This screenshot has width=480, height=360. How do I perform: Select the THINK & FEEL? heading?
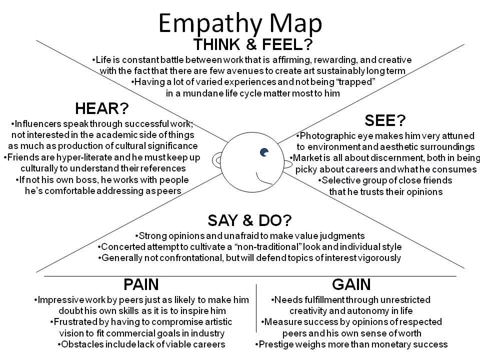tap(253, 44)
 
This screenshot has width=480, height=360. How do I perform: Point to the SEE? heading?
tap(385, 120)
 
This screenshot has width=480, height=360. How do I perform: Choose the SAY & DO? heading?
tap(249, 220)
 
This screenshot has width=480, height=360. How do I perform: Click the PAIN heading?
tap(141, 285)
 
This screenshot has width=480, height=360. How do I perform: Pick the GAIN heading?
tap(351, 285)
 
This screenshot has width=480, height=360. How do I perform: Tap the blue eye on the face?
tap(264, 152)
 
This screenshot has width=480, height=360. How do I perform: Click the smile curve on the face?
tap(262, 178)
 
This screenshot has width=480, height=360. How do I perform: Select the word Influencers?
tap(39, 123)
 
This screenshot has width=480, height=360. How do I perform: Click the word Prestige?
tap(277, 344)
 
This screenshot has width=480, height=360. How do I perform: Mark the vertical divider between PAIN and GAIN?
tap(256, 307)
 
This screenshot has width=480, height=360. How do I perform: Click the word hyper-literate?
tap(74, 157)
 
